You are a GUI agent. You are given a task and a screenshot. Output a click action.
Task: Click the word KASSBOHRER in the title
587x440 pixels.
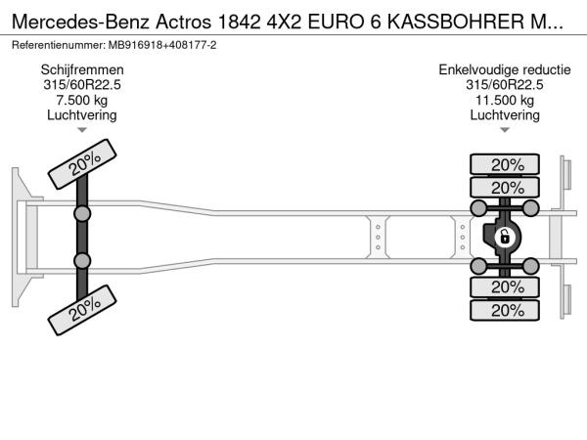456,22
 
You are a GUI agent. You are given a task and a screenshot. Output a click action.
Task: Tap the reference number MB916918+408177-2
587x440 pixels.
162,45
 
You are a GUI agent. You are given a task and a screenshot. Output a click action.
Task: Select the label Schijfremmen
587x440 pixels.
82,70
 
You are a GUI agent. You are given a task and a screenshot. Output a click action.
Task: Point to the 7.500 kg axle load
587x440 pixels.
82,101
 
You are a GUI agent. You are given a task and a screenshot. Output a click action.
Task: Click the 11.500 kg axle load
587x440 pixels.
505,101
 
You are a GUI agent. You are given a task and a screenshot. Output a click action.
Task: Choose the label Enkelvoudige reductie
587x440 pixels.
505,70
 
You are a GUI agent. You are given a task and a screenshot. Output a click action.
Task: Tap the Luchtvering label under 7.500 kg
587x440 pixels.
82,115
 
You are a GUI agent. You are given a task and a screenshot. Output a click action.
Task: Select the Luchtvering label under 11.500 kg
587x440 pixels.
505,115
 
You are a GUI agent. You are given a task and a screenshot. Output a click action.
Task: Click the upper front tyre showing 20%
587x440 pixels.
82,164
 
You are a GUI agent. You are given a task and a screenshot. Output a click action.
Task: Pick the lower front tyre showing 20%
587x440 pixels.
82,310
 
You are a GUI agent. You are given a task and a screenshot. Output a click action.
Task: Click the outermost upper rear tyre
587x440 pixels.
505,164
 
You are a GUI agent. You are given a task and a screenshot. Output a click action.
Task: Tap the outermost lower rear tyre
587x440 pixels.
505,310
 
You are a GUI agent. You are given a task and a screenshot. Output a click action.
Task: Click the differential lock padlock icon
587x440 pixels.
504,237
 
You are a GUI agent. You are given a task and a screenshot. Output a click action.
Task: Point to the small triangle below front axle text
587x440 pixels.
82,130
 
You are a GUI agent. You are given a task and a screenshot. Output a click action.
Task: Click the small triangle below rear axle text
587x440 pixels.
505,130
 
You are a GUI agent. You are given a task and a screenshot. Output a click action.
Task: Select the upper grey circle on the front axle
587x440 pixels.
82,214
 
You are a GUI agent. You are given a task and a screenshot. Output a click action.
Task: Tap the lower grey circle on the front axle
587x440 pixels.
82,261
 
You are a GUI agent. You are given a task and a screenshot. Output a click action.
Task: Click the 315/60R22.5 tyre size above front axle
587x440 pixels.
82,85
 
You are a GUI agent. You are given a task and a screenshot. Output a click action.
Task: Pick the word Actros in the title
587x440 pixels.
184,22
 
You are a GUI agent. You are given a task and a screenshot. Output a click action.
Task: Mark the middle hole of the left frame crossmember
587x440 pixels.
378,238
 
